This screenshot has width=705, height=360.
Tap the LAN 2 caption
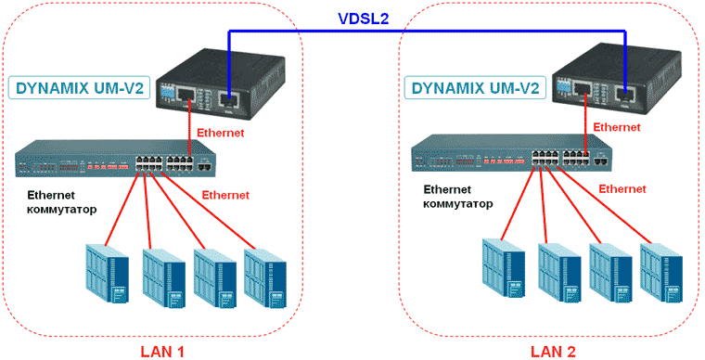click(554, 351)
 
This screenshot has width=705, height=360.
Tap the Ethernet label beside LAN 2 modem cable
click(616, 127)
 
